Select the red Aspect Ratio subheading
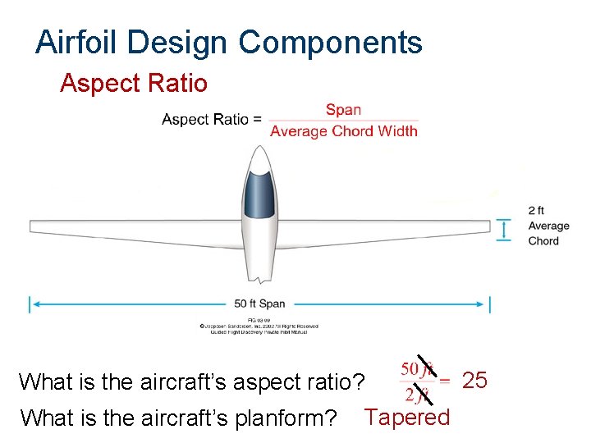[134, 83]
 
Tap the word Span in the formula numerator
[343, 110]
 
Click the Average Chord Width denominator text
[343, 130]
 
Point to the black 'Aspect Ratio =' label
[212, 120]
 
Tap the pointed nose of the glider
[260, 148]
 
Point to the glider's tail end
[260, 275]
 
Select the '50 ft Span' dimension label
[259, 304]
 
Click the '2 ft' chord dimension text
[536, 211]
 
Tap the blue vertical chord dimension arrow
[504, 230]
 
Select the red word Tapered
[408, 417]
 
